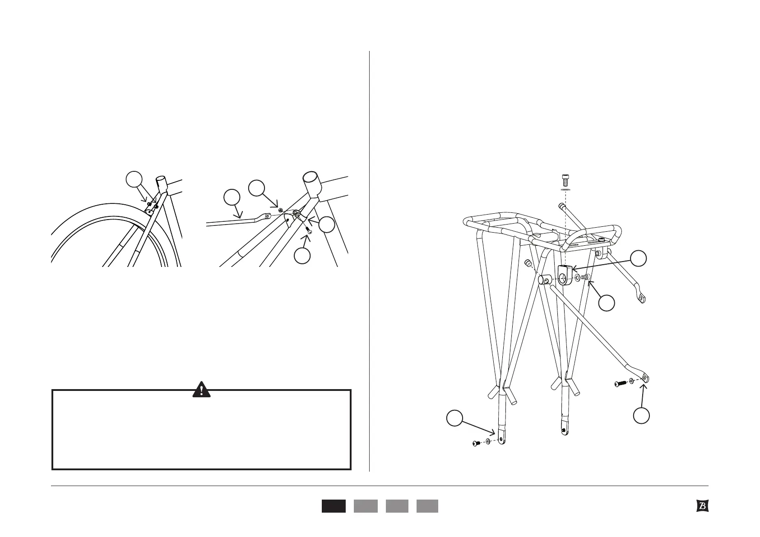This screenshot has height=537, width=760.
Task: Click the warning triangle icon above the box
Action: (201, 389)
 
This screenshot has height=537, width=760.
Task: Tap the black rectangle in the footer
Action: (334, 506)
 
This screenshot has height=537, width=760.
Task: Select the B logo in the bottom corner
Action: (702, 506)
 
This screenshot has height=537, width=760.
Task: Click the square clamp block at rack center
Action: (564, 275)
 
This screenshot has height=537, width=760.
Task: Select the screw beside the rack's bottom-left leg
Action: (476, 444)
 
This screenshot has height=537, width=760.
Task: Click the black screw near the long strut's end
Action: (620, 384)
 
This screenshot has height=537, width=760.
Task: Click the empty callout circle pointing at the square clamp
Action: (638, 258)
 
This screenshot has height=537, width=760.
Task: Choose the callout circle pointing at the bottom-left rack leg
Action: (454, 418)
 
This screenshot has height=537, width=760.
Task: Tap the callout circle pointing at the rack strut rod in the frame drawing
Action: (232, 197)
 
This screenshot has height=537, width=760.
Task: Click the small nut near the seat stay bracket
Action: (281, 210)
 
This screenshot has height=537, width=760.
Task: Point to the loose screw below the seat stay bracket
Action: (309, 230)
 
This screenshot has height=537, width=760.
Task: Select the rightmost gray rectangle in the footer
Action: (427, 506)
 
